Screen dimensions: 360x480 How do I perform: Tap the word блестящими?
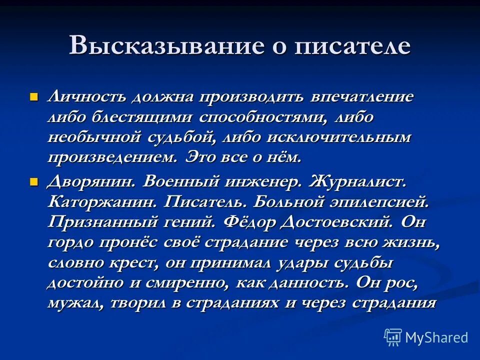(x=143, y=117)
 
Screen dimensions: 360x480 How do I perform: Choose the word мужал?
(x=74, y=303)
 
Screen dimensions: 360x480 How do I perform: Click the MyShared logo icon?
(x=393, y=337)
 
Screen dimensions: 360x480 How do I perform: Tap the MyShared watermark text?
(x=436, y=337)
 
